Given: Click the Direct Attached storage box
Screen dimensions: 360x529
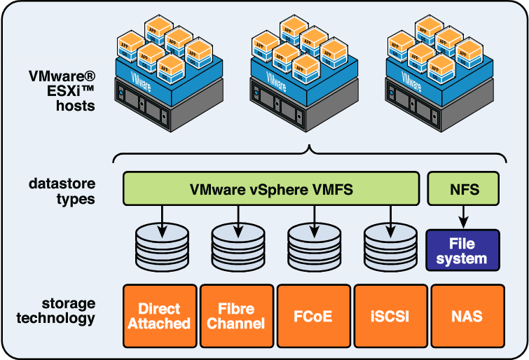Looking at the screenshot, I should pos(160,316).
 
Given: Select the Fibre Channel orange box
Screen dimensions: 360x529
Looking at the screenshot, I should pos(237,316).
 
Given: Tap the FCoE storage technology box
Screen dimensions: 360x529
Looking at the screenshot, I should pos(313,316).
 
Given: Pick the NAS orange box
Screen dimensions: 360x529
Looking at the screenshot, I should pos(467,316).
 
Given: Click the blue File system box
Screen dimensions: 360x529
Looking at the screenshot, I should pos(463,251).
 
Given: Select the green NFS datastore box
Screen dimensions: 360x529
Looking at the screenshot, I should pos(463,189).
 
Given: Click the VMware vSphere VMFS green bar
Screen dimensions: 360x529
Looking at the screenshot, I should pos(271,189).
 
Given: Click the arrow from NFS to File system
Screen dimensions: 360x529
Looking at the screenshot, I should pos(463,217).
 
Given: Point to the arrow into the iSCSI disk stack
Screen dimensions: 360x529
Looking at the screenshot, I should pos(390,219).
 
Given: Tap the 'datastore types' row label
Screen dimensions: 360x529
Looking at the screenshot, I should pos(62,191).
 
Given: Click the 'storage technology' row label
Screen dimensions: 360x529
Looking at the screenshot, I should pos(62,311).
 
